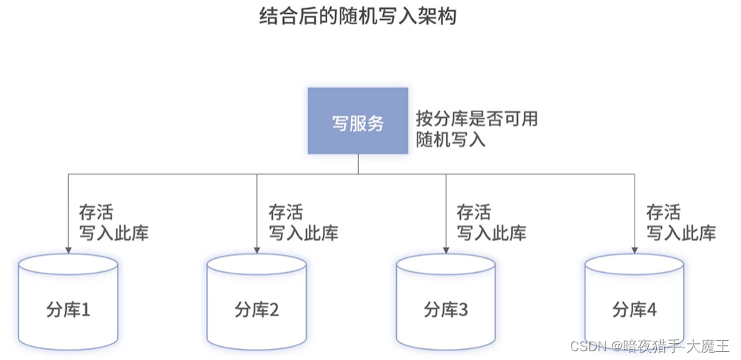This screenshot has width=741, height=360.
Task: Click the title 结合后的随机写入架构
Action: [358, 16]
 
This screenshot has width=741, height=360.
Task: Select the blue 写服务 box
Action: [357, 121]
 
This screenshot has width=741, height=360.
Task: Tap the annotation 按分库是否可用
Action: [477, 118]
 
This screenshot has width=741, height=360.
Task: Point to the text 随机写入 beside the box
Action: [450, 139]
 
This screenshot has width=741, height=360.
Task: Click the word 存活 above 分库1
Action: [96, 213]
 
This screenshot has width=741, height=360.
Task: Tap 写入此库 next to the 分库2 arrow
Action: [303, 233]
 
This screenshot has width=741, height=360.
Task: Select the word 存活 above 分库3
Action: [474, 213]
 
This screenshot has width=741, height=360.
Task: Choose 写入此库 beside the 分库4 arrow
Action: [681, 233]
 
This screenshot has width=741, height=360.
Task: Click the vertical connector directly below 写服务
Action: [358, 164]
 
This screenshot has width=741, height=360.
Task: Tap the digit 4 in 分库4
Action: [651, 309]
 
